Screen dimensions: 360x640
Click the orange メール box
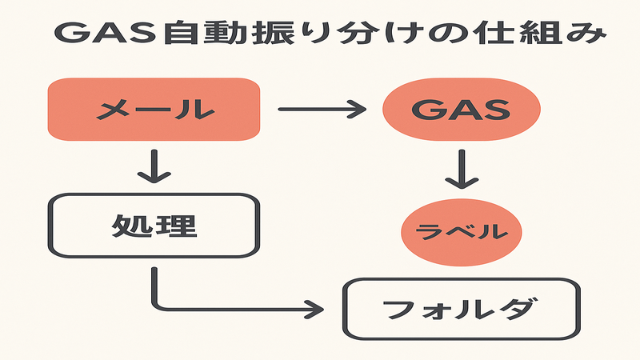(x=154, y=110)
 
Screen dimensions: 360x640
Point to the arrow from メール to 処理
(x=154, y=166)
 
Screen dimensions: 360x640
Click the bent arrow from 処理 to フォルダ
(x=224, y=306)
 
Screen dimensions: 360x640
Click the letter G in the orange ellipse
(x=425, y=110)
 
